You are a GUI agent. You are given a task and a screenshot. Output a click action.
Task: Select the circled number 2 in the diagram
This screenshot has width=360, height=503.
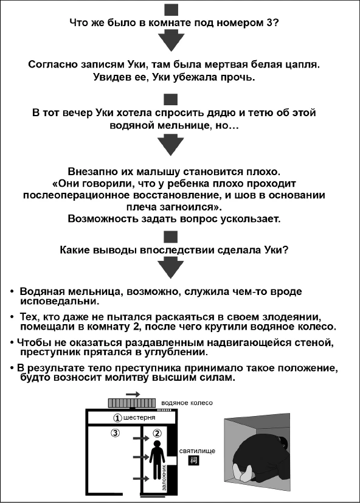156,434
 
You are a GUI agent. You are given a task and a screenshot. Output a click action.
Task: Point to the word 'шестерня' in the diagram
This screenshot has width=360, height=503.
139,418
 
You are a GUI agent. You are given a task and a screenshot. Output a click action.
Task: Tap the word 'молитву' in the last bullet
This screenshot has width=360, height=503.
163,378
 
